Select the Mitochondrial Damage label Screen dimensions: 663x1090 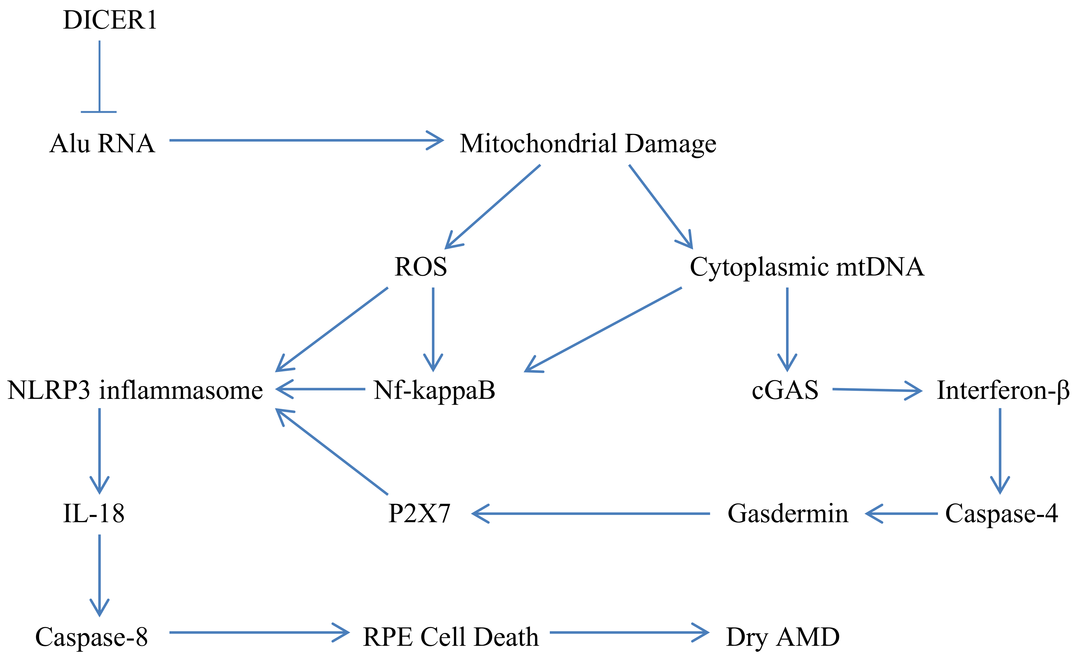pos(587,144)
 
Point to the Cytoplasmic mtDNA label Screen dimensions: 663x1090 pos(807,267)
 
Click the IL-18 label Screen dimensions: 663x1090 pos(94,513)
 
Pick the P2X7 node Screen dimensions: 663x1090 pos(419,513)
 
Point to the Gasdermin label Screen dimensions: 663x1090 pos(788,513)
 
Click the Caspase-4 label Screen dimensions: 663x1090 pos(1001,513)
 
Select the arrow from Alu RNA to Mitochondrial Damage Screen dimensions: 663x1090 pos(305,140)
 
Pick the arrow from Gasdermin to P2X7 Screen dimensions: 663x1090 pos(591,513)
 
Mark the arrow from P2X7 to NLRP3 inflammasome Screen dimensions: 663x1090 pos(332,451)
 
